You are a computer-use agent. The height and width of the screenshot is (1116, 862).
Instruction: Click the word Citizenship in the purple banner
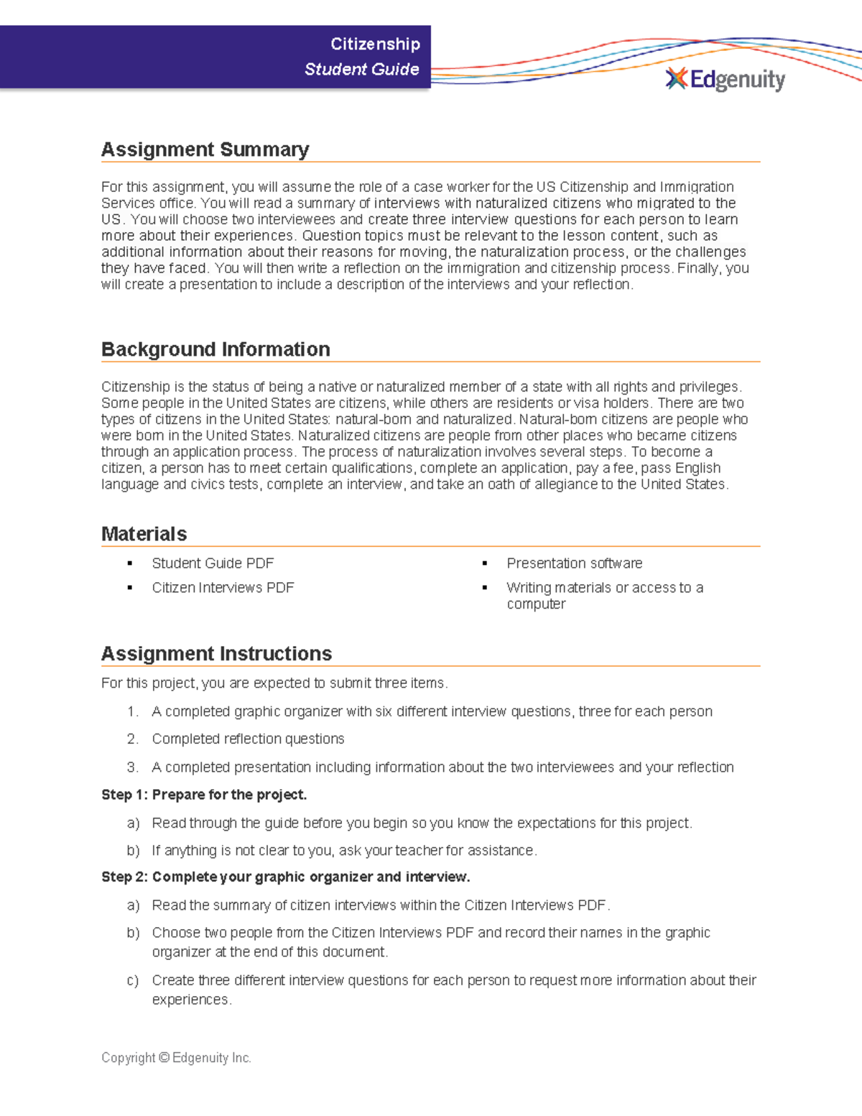tap(375, 44)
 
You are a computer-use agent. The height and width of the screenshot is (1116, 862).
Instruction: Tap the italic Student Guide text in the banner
tap(361, 69)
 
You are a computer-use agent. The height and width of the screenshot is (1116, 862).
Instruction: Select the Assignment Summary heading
tap(205, 149)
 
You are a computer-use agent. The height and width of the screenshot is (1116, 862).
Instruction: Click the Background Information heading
tap(215, 349)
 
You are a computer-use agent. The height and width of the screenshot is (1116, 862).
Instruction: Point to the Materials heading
tap(144, 534)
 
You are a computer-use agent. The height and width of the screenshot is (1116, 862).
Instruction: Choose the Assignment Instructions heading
tap(216, 653)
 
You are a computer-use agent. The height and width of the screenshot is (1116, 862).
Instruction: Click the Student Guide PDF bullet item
tap(213, 563)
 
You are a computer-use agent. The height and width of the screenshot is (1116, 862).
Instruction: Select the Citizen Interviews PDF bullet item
tap(223, 588)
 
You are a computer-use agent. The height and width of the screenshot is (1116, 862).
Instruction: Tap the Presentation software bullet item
tap(574, 563)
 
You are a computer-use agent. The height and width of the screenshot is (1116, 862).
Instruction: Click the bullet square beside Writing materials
tap(485, 588)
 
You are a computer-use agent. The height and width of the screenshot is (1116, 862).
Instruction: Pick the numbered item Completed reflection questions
tap(248, 739)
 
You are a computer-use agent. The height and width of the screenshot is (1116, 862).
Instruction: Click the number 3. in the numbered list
tap(132, 767)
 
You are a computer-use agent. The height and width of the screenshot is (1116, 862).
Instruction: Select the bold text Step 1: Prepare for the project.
tap(204, 795)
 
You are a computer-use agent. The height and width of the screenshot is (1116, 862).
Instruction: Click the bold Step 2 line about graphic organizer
tap(285, 877)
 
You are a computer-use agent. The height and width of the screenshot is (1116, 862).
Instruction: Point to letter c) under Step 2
tap(133, 981)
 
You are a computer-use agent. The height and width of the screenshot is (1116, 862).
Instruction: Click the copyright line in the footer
tap(176, 1058)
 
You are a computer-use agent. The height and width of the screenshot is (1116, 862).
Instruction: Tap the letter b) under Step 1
tap(133, 851)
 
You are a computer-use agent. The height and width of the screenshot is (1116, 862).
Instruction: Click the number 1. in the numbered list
tap(132, 711)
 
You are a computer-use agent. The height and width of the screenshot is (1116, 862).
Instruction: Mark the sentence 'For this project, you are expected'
tap(274, 683)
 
